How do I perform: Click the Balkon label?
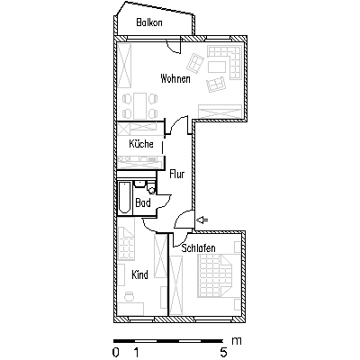coord(149,22)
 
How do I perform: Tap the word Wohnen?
coord(175,78)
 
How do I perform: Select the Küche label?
coord(141,144)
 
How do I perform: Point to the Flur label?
coord(177,174)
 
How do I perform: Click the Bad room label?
coord(143,202)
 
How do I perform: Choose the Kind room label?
coord(139,274)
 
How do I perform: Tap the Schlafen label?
coord(199,248)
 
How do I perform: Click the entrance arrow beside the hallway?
coord(202,220)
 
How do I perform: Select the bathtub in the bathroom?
coord(124,197)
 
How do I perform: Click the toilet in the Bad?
coord(152,188)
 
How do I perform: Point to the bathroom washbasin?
coord(139,184)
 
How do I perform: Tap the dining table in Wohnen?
coord(140,105)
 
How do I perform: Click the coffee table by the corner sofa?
coord(217,67)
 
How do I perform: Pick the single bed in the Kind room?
coord(126,242)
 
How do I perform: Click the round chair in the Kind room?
coord(130,295)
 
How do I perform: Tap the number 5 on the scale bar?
coord(223,352)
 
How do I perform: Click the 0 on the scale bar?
coord(116,352)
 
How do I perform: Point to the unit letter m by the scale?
coord(237,341)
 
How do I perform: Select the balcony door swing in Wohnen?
coord(174,48)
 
